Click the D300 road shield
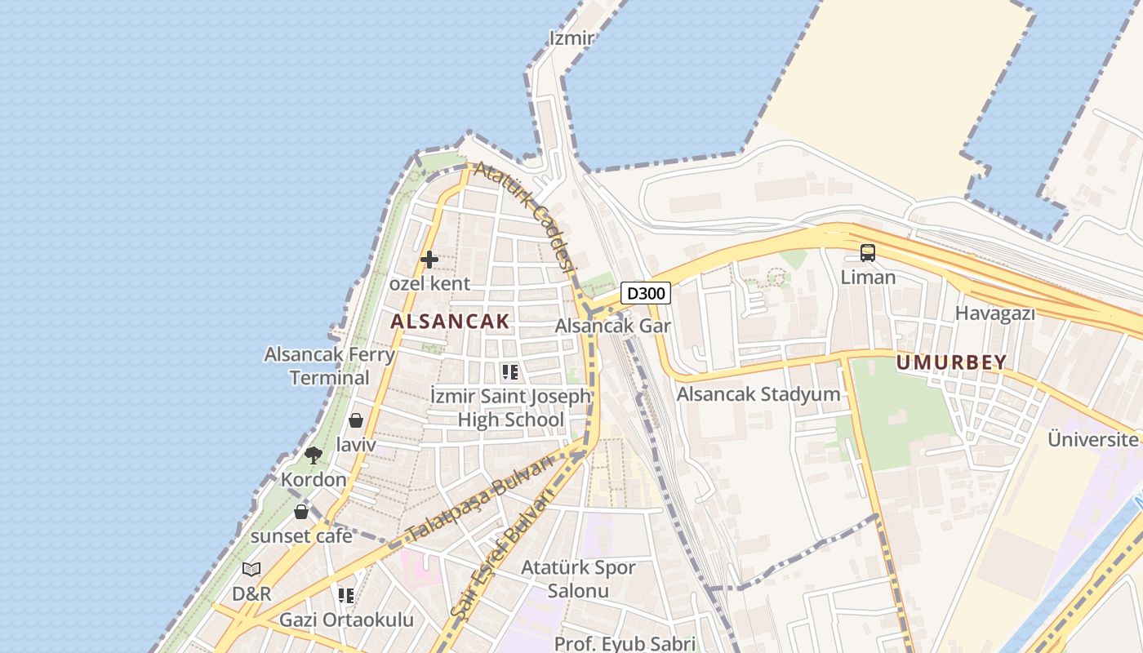(x=646, y=293)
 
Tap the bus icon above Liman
(x=867, y=253)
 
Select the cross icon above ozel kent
(x=429, y=260)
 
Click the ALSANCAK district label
(x=450, y=322)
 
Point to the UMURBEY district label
(x=951, y=362)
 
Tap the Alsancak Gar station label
(x=612, y=326)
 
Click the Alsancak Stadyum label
(x=758, y=394)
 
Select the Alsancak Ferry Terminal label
(x=330, y=366)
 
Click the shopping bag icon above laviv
(x=355, y=420)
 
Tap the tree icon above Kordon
(x=313, y=455)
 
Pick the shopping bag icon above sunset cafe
(x=301, y=512)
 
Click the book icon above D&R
(x=251, y=569)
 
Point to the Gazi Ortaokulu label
(x=346, y=620)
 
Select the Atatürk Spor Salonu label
(x=578, y=579)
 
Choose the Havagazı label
(x=994, y=313)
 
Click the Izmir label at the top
(x=571, y=38)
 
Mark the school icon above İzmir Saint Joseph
(x=510, y=373)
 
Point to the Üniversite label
(x=1093, y=439)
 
